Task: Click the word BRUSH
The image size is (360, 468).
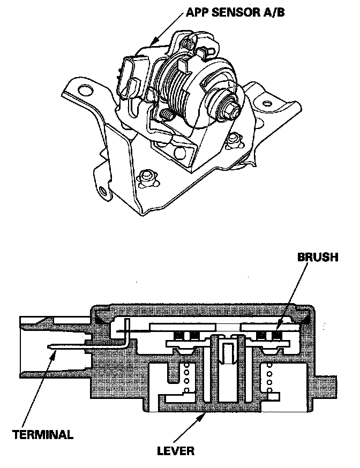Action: coord(318,258)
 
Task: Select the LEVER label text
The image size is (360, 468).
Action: coord(175,450)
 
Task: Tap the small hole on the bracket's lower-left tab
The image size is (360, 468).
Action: coord(102,191)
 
